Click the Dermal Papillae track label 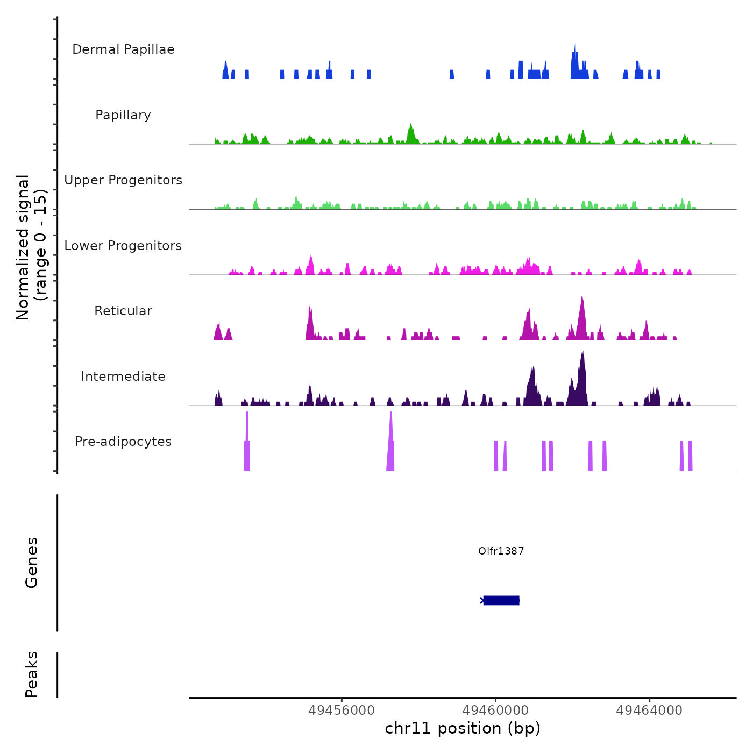tap(123, 49)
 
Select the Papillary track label tap(123, 115)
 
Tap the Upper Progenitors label tap(123, 180)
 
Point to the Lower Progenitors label tap(123, 246)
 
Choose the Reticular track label tap(123, 311)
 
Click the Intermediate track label tap(123, 376)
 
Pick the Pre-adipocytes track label tap(123, 442)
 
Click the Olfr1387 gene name tap(501, 551)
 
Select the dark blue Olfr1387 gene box tap(501, 600)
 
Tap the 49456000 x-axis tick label tap(342, 711)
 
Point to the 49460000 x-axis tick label tap(495, 711)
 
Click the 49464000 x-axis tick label tap(649, 711)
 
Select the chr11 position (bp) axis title tap(463, 728)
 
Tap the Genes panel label tap(32, 563)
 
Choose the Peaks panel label tap(32, 674)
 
